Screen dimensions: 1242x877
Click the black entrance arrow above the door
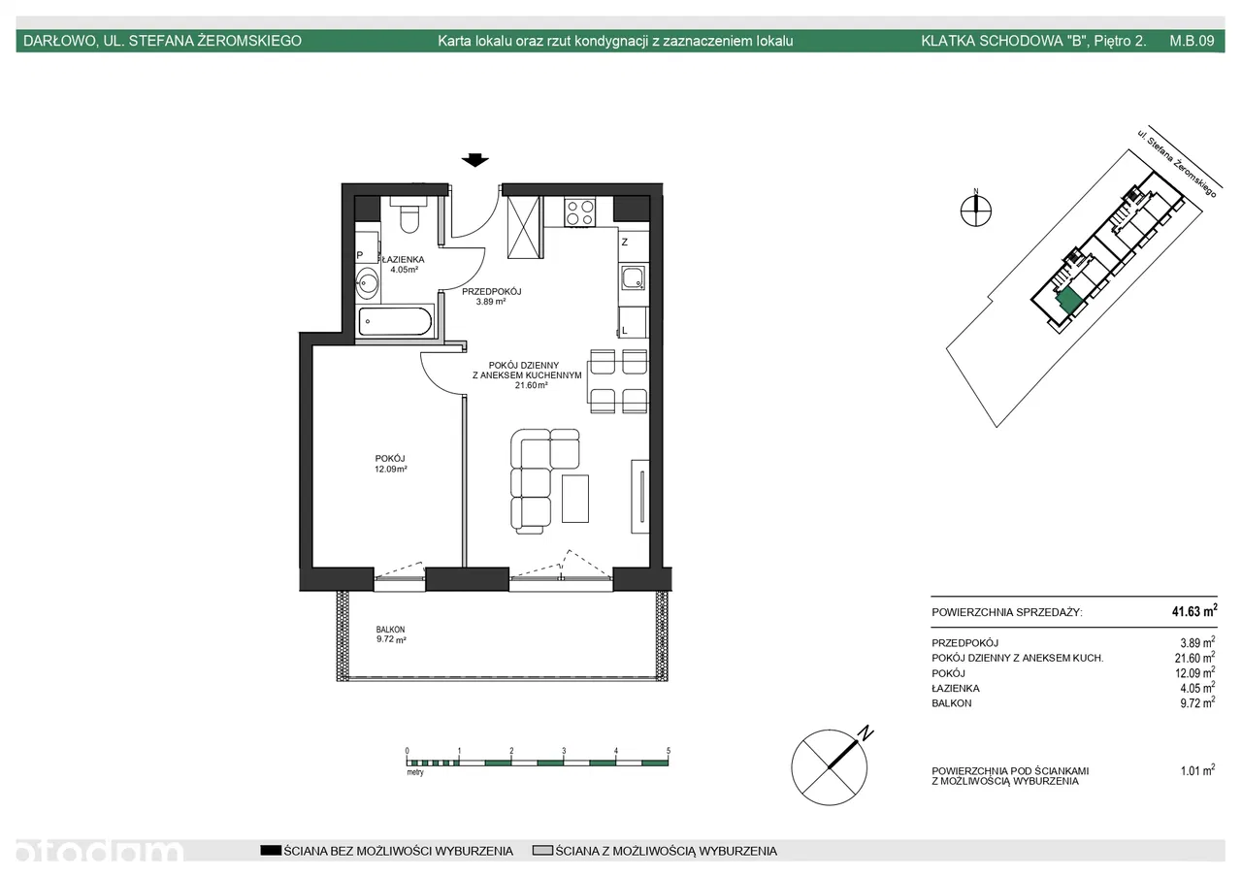tap(475, 160)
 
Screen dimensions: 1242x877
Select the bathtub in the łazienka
tap(395, 321)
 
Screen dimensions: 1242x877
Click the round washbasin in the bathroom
tap(367, 283)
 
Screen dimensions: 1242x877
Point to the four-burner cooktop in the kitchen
tap(580, 211)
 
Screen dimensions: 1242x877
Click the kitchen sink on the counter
tap(634, 277)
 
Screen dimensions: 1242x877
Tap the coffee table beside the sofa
tap(575, 499)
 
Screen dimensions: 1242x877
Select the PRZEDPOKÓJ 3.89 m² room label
tap(491, 296)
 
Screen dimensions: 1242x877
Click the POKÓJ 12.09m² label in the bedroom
tap(390, 464)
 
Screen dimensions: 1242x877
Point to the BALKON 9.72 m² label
tap(391, 634)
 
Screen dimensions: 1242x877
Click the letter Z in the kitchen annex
tap(625, 243)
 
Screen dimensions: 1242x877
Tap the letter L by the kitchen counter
tap(624, 331)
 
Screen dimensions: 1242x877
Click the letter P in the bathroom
tap(360, 255)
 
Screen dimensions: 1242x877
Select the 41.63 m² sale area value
tap(1194, 611)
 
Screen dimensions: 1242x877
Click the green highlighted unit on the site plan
tap(1068, 301)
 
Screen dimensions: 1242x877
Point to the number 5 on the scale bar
tap(669, 751)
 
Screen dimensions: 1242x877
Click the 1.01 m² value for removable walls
tap(1197, 770)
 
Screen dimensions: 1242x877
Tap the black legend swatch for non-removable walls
tap(271, 851)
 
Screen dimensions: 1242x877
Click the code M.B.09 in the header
tap(1193, 41)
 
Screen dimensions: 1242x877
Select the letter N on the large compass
tap(865, 732)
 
